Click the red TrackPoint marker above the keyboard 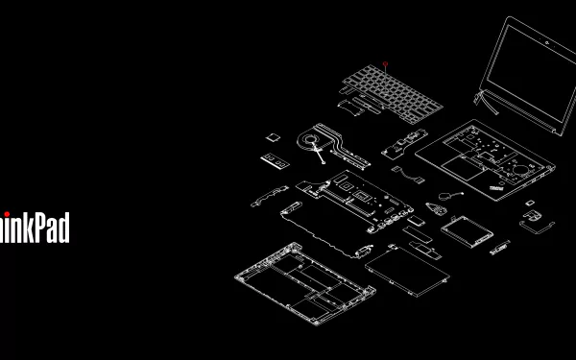[385, 64]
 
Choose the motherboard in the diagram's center [354, 198]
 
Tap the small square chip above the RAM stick [272, 136]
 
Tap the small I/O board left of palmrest [403, 145]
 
